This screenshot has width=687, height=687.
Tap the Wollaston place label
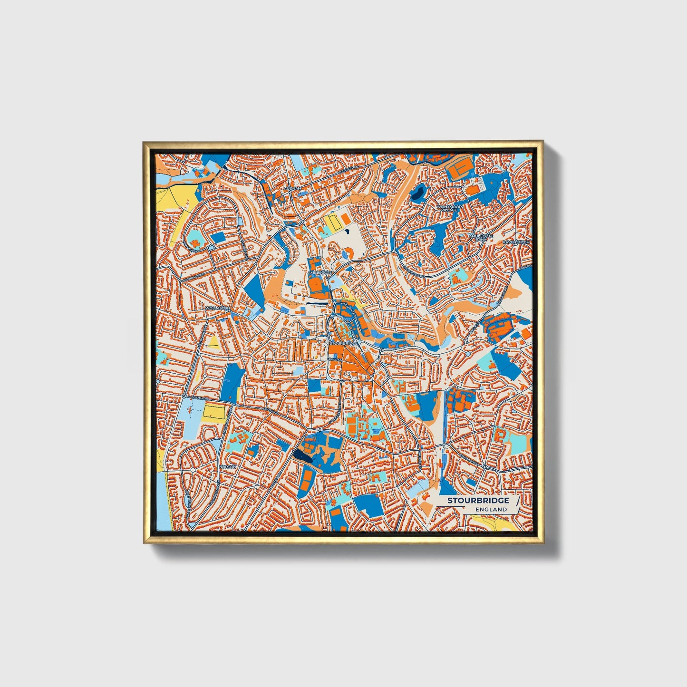point(217,308)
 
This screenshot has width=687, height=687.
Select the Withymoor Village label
point(449,208)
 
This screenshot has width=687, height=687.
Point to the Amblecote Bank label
point(481,237)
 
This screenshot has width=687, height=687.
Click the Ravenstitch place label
point(515,242)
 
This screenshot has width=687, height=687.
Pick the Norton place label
point(228,467)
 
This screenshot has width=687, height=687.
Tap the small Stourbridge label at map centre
point(343,343)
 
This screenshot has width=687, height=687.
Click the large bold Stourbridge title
point(477,501)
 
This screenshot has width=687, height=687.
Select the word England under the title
point(491,509)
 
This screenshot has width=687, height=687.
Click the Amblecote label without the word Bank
point(319,272)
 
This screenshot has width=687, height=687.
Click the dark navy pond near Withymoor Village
point(418,193)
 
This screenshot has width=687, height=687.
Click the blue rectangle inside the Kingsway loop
point(218,237)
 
